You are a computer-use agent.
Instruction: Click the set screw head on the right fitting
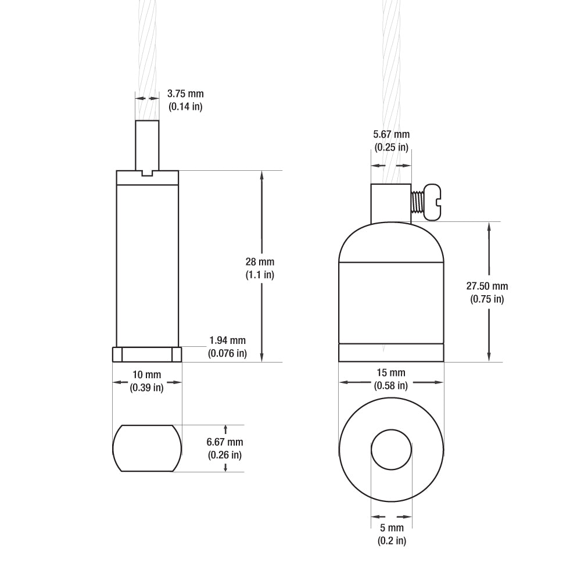pyautogui.click(x=432, y=202)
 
